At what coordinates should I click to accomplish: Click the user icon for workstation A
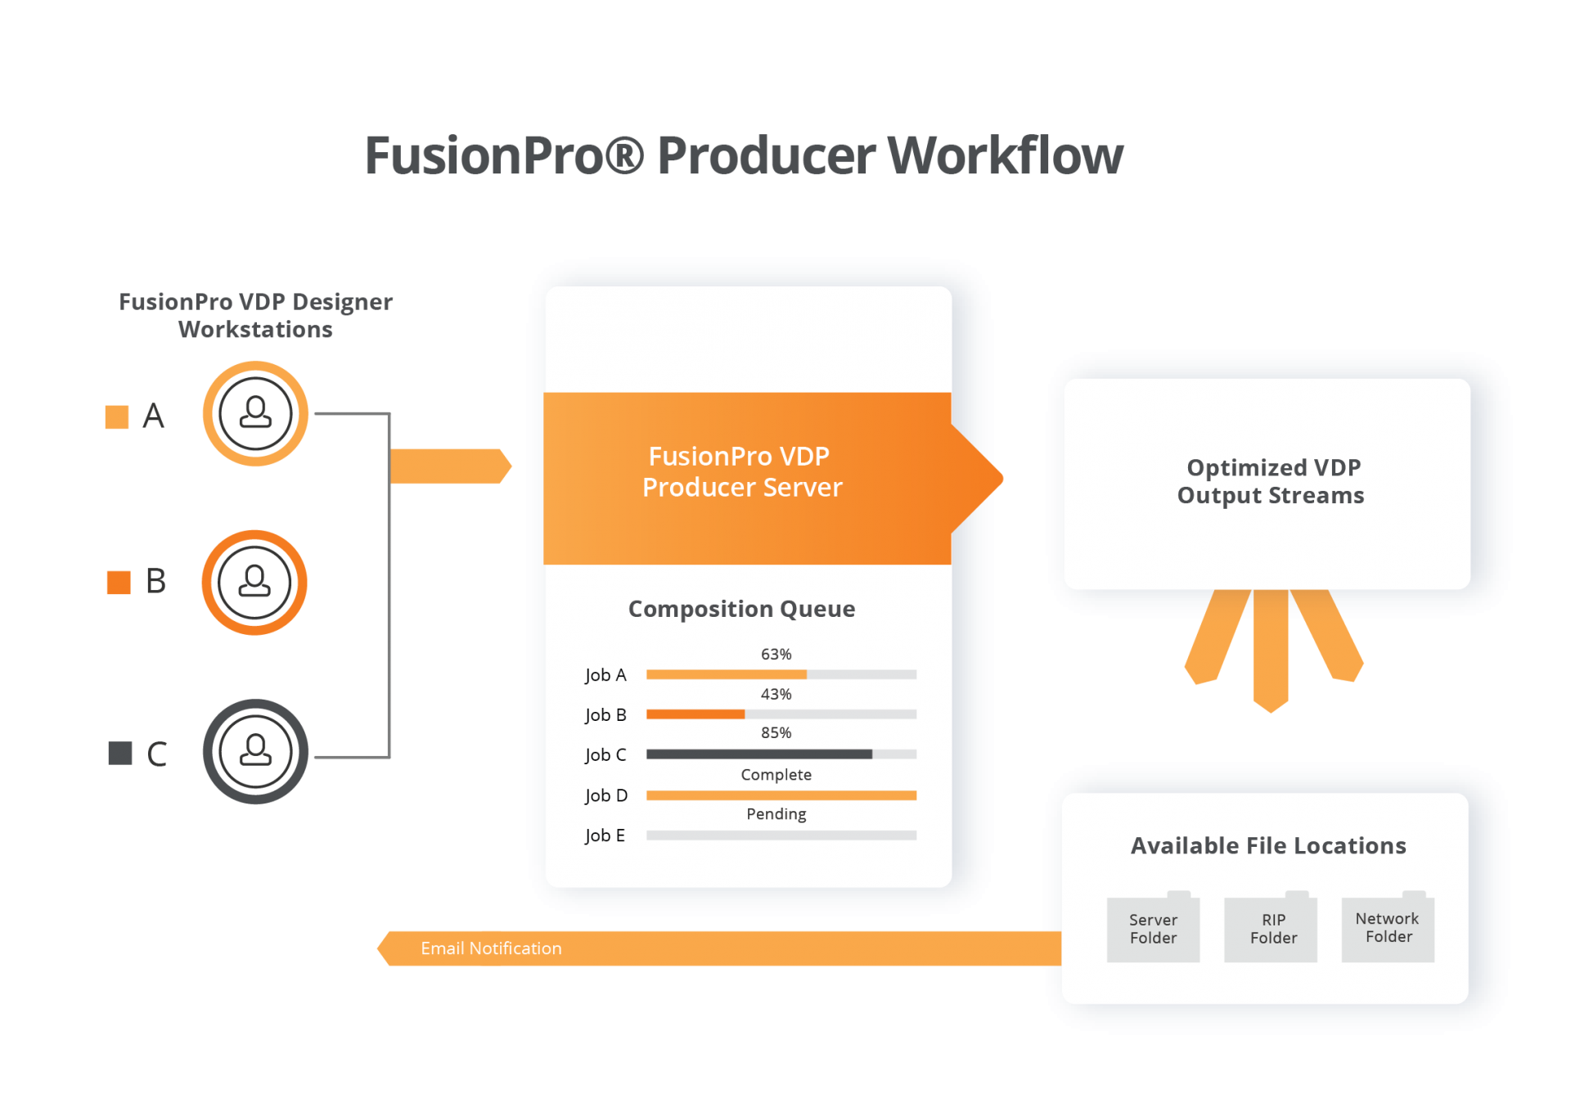point(255,413)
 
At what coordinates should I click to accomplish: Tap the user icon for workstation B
point(254,582)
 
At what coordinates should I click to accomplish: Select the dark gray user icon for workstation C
point(255,751)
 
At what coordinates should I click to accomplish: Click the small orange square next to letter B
point(119,582)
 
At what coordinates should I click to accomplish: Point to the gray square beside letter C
point(120,753)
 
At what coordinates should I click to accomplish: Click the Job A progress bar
point(781,675)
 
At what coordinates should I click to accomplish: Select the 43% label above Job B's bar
point(776,694)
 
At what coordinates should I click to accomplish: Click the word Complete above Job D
point(776,774)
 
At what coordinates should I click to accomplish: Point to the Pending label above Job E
point(776,813)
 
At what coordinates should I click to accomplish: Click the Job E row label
point(605,835)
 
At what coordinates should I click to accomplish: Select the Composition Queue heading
point(741,609)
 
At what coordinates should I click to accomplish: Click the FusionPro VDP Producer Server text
point(741,471)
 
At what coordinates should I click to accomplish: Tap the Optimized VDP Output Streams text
point(1271,481)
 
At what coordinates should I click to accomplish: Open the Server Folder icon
point(1153,929)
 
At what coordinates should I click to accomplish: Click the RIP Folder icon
point(1273,929)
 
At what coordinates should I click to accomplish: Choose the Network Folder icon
point(1389,928)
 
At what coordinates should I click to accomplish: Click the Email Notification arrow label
point(491,948)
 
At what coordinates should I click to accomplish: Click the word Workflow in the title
point(1005,155)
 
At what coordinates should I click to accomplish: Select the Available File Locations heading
point(1267,845)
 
